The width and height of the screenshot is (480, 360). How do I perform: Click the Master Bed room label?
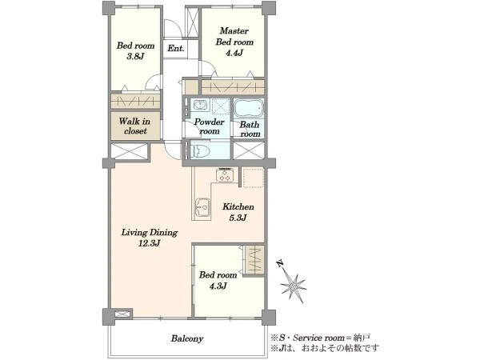234,42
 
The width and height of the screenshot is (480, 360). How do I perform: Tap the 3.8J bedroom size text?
135,56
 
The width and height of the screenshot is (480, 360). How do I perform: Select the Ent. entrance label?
176,48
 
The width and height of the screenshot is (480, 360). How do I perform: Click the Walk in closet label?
135,126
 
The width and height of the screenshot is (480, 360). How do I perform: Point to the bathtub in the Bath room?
249,107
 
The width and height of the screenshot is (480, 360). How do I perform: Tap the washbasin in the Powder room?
199,106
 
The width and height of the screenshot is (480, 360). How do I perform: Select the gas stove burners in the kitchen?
225,174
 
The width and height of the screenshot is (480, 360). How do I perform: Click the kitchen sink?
202,208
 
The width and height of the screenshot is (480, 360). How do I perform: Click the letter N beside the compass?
279,263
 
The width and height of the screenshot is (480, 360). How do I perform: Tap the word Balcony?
187,338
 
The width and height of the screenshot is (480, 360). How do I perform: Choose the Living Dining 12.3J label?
150,238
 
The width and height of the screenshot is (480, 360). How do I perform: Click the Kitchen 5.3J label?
238,212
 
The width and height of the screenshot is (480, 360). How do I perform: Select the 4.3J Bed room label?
218,280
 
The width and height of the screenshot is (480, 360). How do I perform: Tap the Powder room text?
210,126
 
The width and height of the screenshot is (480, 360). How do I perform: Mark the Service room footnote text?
320,338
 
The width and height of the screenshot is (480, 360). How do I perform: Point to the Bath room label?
250,129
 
